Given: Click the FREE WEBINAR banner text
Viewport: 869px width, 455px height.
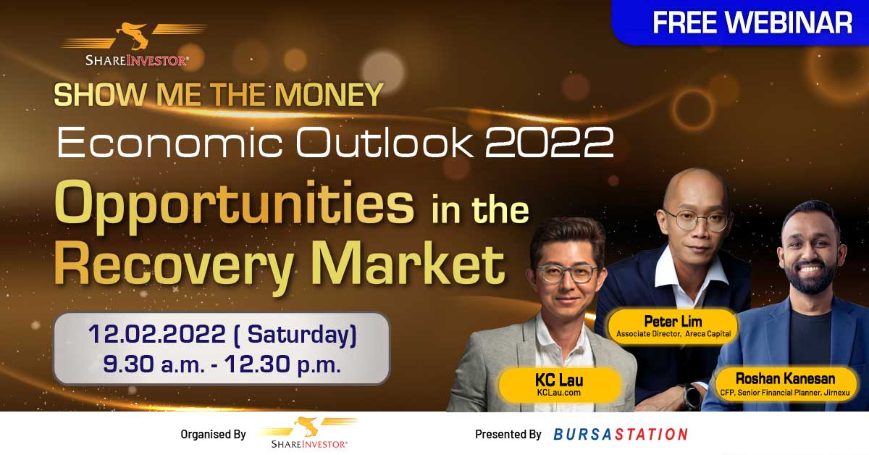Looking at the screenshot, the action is click(x=752, y=22).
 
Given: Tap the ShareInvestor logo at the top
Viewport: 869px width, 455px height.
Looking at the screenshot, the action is click(x=135, y=44).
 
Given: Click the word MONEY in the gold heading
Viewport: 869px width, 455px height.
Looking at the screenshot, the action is click(x=329, y=94).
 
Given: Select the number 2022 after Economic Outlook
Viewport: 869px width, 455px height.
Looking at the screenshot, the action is click(x=550, y=142).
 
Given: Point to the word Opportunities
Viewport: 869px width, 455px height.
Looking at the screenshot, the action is click(x=235, y=205).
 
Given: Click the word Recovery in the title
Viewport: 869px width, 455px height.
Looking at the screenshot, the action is click(x=174, y=264).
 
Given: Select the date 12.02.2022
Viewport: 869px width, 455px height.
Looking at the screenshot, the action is click(x=156, y=334).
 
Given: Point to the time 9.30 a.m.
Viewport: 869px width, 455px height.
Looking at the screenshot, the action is click(x=154, y=364).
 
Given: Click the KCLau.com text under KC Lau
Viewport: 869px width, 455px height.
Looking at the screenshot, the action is click(x=558, y=393).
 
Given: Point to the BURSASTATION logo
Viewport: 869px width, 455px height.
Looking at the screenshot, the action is click(x=621, y=434).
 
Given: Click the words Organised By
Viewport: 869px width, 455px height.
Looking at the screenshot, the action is click(x=214, y=434).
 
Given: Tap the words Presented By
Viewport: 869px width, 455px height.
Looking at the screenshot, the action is click(x=508, y=434).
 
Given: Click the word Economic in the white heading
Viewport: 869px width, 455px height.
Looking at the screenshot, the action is click(x=170, y=142).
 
